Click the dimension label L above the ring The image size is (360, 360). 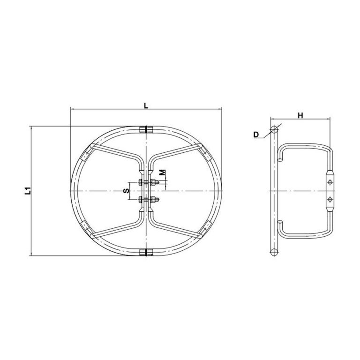146,105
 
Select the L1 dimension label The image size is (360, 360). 28,191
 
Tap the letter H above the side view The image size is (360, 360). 300,115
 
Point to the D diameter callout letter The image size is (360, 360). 256,135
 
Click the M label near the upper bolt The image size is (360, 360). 162,172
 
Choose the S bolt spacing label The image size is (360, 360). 126,191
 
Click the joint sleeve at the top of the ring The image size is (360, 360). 146,129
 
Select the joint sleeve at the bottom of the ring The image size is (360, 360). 146,252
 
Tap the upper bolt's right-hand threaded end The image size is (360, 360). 157,182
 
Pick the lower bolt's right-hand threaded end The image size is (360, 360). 157,200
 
